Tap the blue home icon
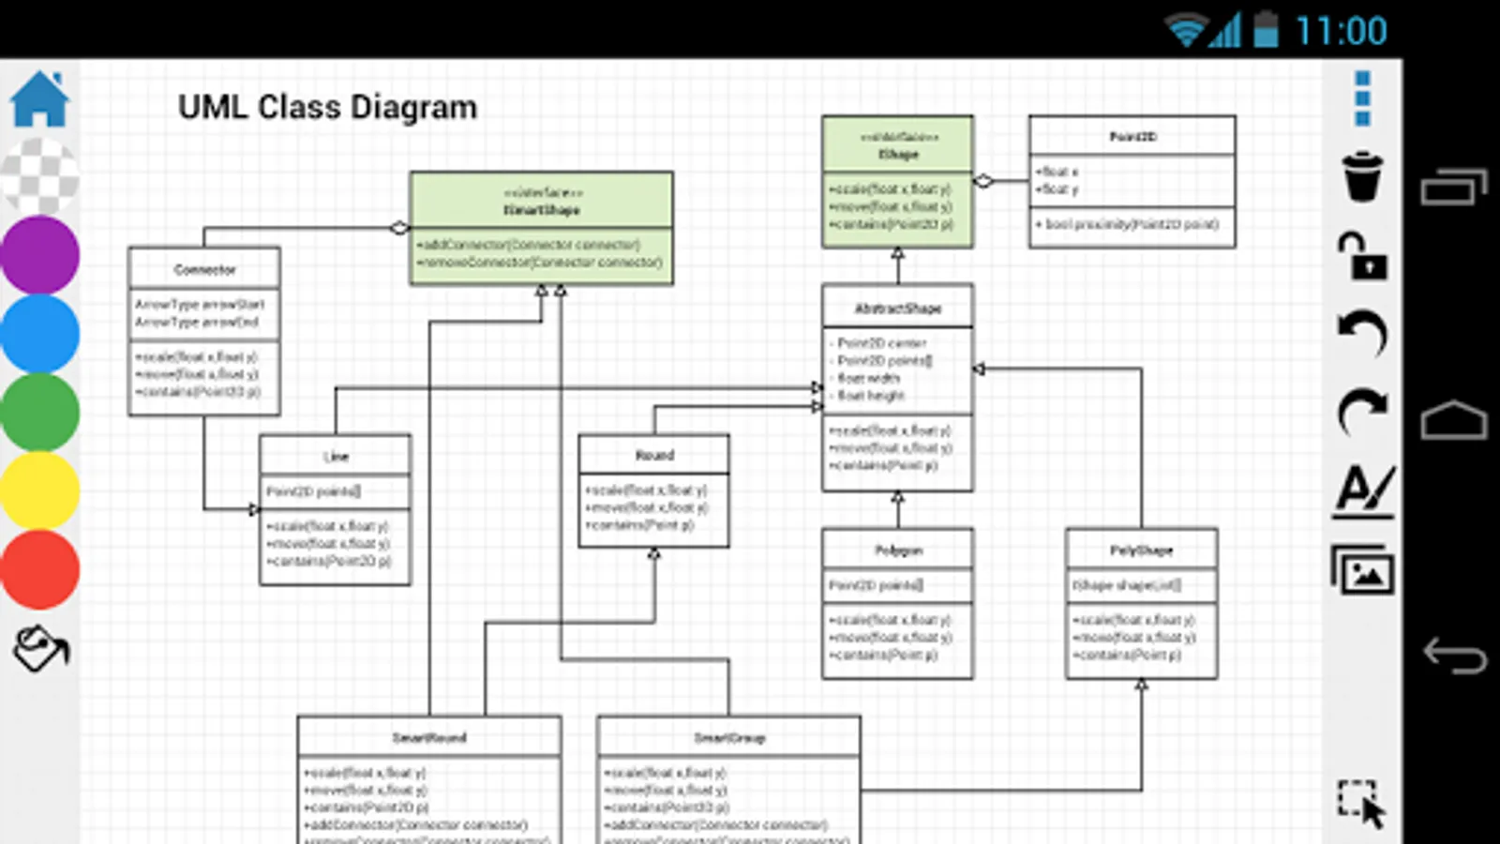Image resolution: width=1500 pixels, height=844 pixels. (x=39, y=99)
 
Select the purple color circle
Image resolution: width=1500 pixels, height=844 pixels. (x=39, y=255)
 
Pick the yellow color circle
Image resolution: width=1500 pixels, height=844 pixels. (x=39, y=490)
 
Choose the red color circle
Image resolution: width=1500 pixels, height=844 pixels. (x=39, y=569)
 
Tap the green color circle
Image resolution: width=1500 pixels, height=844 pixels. (x=39, y=412)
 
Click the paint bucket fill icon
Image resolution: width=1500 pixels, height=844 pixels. (x=40, y=648)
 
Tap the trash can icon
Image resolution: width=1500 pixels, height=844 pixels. (x=1362, y=176)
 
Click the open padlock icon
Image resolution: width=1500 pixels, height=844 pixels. (x=1362, y=255)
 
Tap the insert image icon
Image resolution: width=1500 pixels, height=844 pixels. (x=1362, y=569)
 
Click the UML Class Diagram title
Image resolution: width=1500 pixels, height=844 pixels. (x=327, y=108)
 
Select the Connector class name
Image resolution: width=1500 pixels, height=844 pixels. (x=204, y=269)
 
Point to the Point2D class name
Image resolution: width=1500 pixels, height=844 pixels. (x=1132, y=137)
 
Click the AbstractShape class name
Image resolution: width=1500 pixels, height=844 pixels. (x=897, y=309)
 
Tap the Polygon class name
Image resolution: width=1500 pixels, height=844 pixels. (x=898, y=550)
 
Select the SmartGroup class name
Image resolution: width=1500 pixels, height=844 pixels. (x=729, y=738)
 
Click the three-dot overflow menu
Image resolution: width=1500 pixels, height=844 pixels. (x=1362, y=98)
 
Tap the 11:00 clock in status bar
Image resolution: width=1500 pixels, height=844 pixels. (x=1341, y=32)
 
